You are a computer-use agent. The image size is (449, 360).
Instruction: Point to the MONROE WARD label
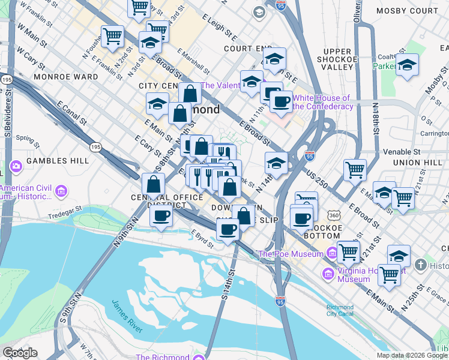click(x=66, y=77)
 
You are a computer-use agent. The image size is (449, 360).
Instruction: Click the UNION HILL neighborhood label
click(x=418, y=163)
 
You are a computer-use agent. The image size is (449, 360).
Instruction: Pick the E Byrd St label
click(x=202, y=237)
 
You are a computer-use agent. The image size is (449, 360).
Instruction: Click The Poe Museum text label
click(x=291, y=254)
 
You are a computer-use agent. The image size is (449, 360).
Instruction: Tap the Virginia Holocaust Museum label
click(x=353, y=274)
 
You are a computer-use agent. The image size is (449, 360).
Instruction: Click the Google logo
click(x=20, y=353)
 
